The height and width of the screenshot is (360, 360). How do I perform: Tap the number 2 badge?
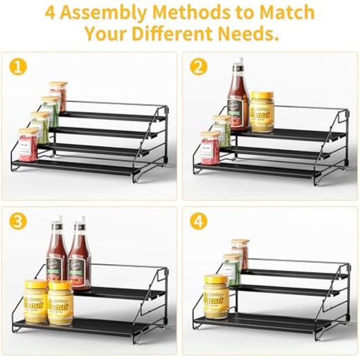click(x=198, y=68)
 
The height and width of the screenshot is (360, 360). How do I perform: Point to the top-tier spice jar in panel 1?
click(x=58, y=96)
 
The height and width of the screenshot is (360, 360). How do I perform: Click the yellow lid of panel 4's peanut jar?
click(x=216, y=279)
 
